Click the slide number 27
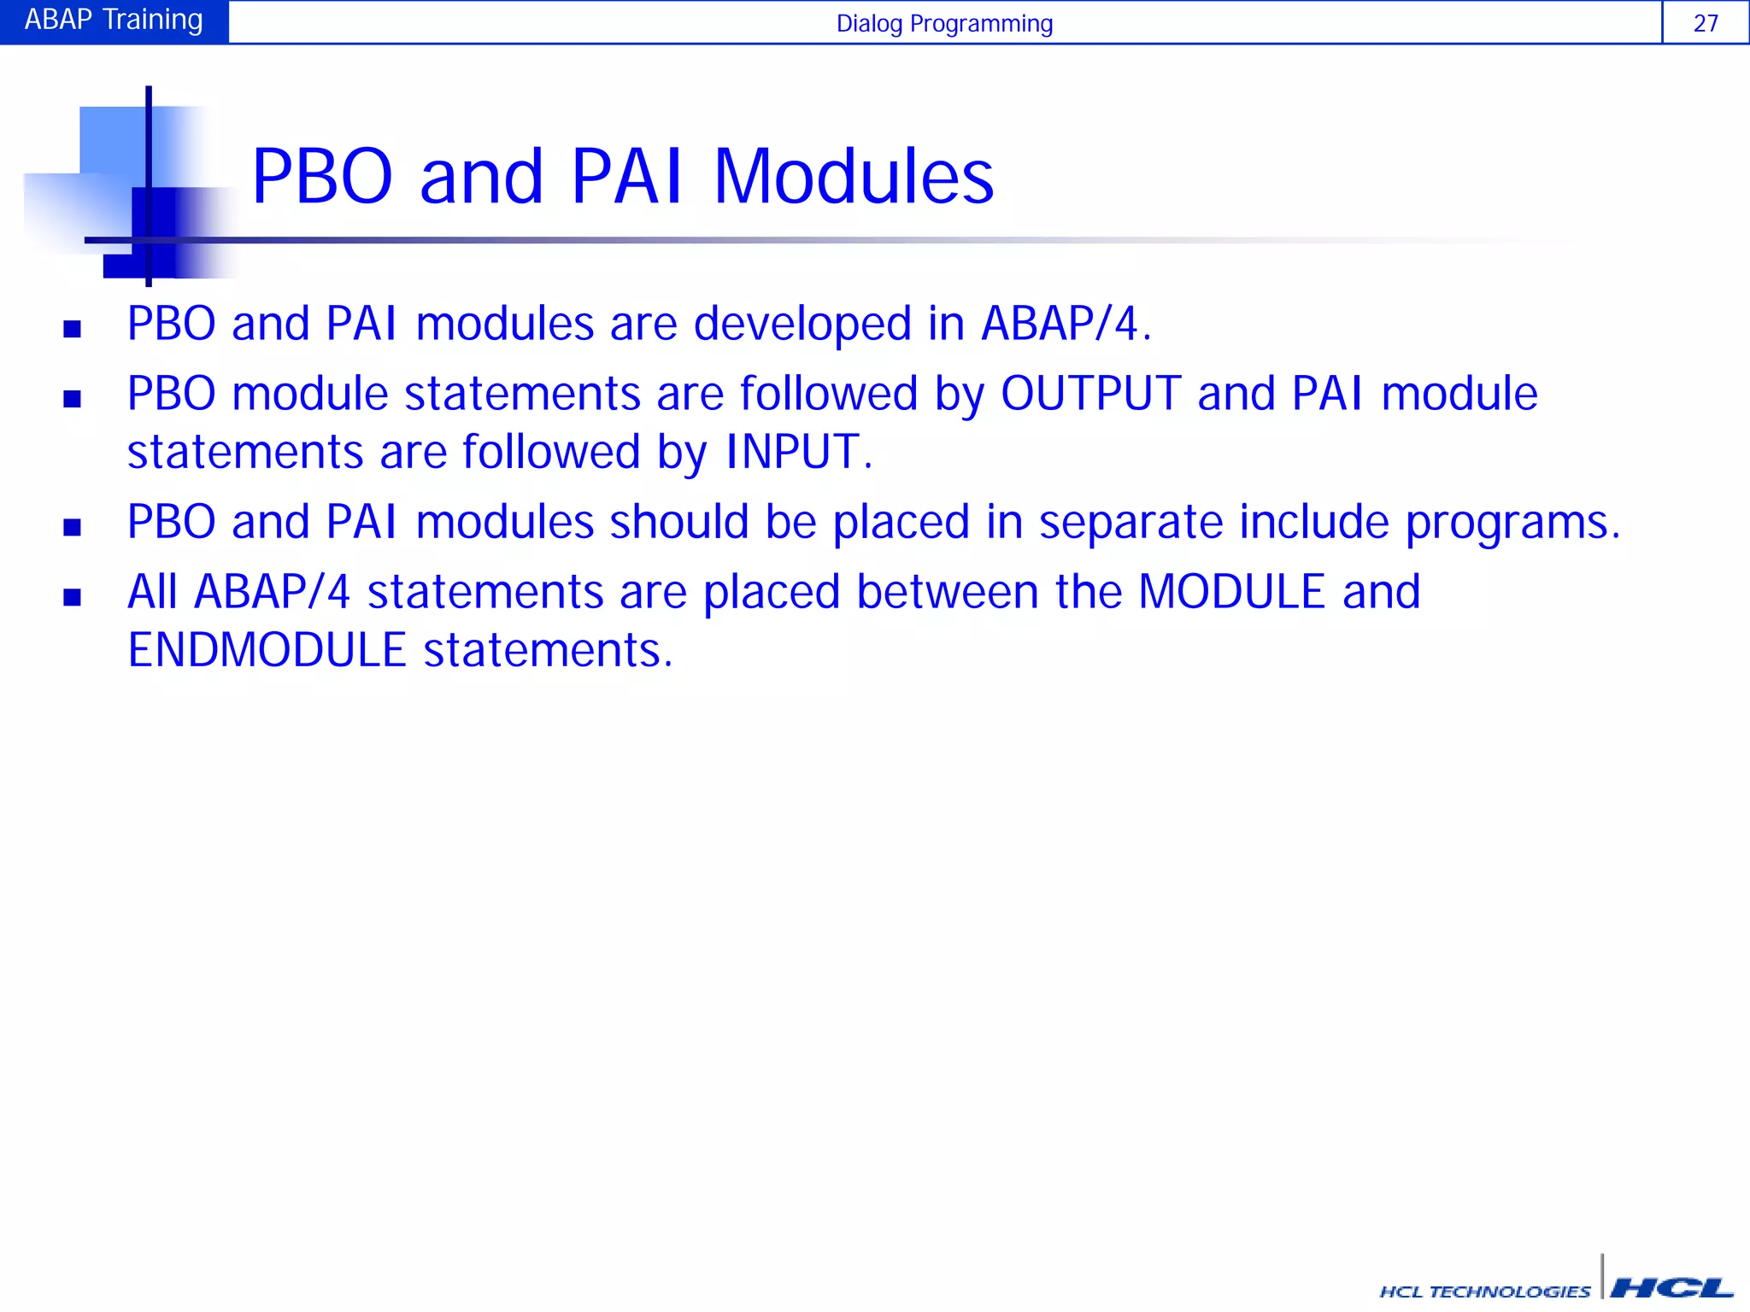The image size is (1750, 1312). [1706, 23]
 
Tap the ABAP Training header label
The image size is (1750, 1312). [114, 20]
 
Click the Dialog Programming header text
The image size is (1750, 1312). [944, 24]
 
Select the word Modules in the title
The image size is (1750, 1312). [853, 177]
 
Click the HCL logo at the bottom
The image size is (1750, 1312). [1671, 1287]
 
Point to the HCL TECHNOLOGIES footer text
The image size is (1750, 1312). [1485, 1291]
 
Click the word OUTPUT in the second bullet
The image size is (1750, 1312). [1090, 394]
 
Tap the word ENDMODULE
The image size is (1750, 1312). [267, 650]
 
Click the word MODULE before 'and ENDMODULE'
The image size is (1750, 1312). [1231, 592]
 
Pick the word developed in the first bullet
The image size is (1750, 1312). [802, 325]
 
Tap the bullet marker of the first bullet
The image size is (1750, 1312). [73, 329]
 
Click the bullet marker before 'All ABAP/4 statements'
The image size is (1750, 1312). [73, 597]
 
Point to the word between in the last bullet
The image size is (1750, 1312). [947, 592]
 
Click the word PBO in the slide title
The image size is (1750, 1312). [322, 177]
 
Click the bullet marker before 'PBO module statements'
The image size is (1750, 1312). [73, 399]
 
